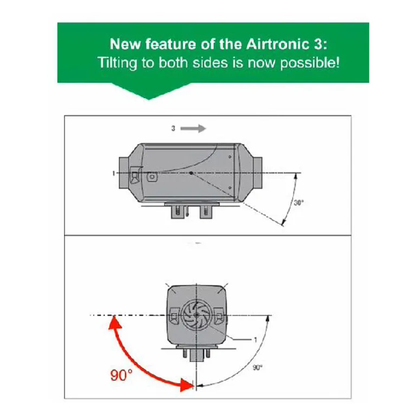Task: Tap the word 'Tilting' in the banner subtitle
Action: (114, 62)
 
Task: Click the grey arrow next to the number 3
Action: (192, 128)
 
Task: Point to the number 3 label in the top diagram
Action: (172, 128)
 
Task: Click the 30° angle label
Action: (298, 204)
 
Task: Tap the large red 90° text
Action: (121, 376)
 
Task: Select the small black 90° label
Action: (257, 367)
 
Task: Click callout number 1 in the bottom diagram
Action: (255, 340)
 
